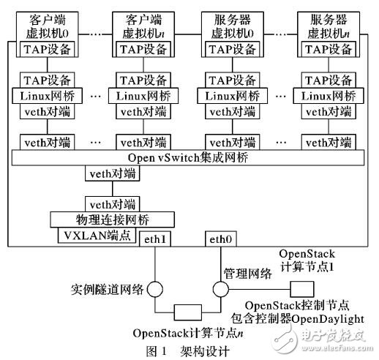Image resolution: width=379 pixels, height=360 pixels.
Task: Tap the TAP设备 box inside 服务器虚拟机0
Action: [230, 50]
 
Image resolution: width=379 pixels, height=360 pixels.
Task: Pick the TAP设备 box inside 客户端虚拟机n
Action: [135, 50]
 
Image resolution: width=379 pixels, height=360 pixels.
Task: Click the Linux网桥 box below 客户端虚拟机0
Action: [42, 96]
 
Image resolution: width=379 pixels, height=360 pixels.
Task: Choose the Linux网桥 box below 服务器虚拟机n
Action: [323, 96]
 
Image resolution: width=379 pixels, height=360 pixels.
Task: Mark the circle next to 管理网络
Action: [219, 288]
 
